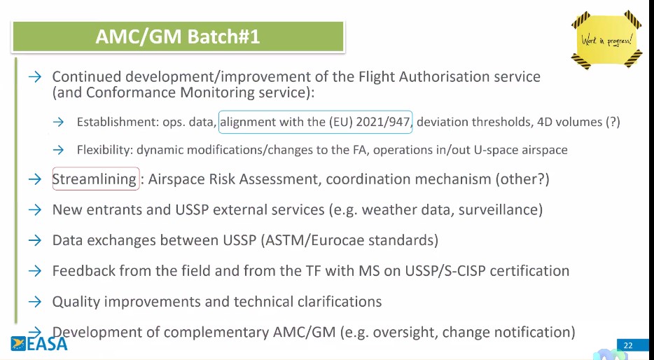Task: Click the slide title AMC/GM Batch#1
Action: pos(178,36)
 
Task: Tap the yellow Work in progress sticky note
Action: pos(606,40)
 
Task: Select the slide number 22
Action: pos(628,345)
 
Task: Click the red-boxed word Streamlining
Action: pos(95,179)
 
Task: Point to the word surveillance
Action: pos(501,209)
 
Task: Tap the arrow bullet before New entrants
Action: pos(35,209)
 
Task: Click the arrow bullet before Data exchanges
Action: pos(35,240)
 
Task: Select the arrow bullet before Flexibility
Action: pos(58,150)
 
